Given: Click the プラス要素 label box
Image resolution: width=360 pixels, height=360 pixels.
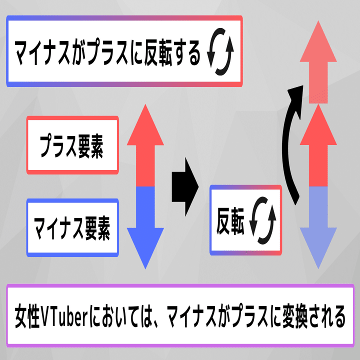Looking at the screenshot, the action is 72,145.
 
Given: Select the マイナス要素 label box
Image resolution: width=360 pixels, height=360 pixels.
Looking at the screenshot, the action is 72,227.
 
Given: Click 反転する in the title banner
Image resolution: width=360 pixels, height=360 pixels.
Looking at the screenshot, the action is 172,52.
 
